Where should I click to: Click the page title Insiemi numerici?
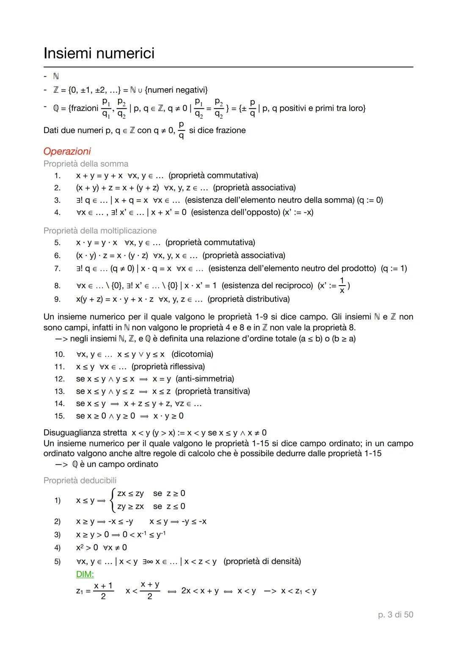coord(99,53)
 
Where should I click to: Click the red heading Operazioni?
coord(67,151)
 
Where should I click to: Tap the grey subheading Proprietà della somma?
coord(86,164)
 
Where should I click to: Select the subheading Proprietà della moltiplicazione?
coord(100,230)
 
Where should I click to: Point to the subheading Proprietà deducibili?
coord(80,480)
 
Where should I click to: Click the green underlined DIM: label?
coord(85,574)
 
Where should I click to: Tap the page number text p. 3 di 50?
coord(395,614)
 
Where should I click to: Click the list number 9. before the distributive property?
coord(57,299)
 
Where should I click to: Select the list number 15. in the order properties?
coord(59,416)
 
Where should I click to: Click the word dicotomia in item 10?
coord(193,354)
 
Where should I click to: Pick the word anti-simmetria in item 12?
coord(205,378)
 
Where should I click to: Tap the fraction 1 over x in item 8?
coord(342,286)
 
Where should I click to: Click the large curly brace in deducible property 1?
coord(112,500)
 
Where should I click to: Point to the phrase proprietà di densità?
coord(262,561)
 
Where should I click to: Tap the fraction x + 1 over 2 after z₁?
coord(103,591)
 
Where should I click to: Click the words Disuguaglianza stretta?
coord(85,433)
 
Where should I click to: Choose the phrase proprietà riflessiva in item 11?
coord(168,366)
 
